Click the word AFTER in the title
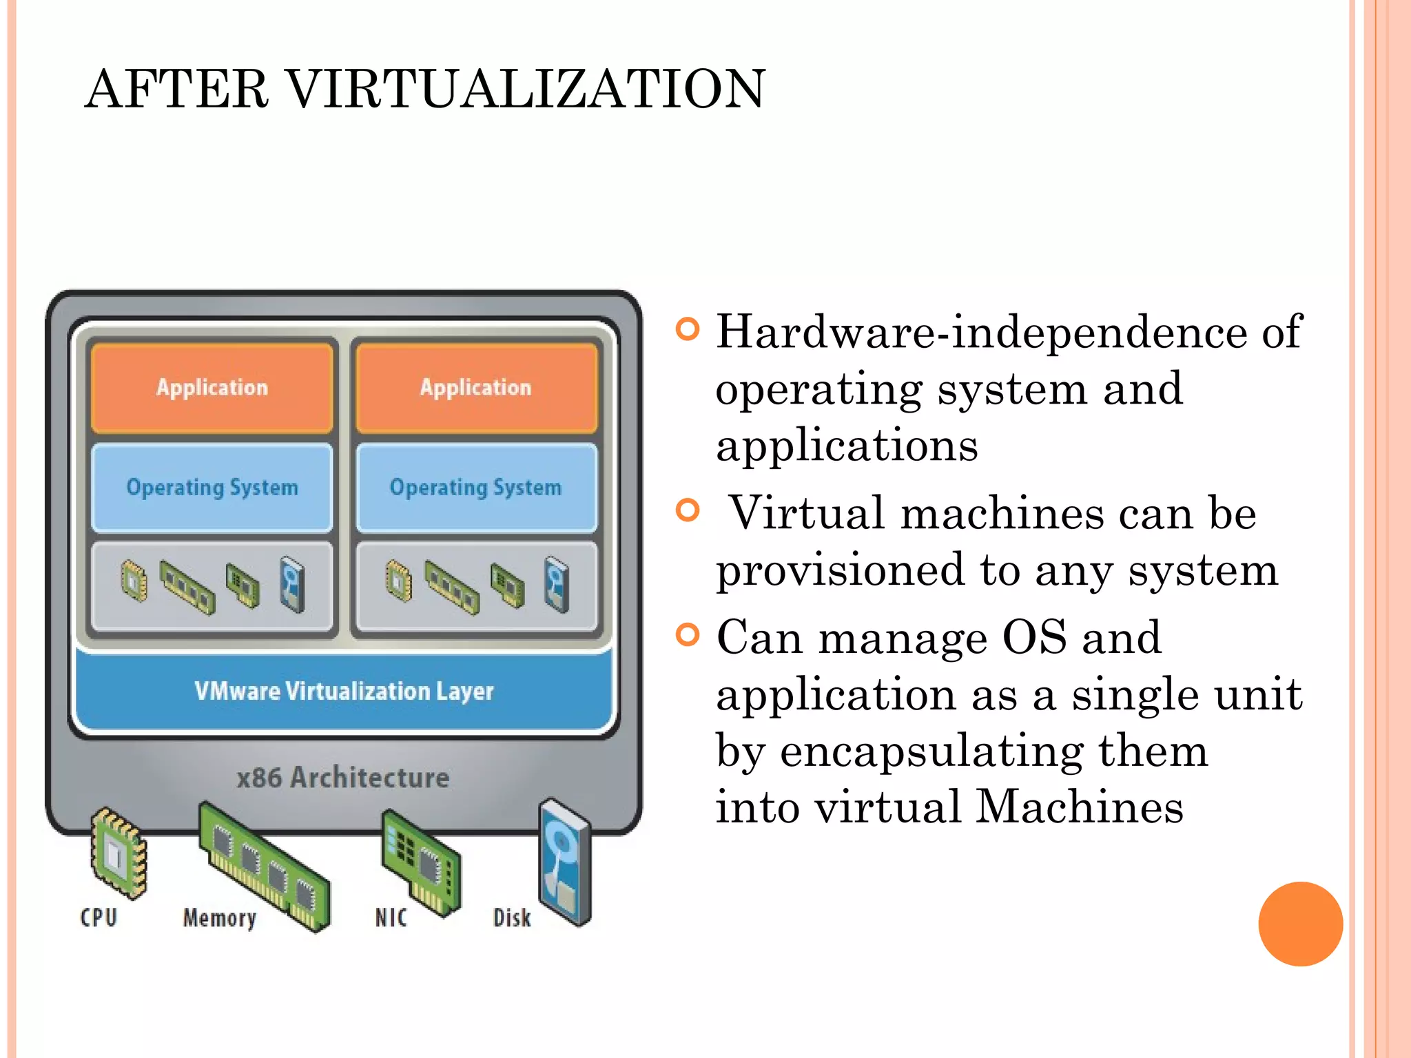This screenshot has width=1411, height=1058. coord(176,90)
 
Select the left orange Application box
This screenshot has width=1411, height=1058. coord(212,388)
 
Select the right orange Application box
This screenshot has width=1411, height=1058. coord(476,388)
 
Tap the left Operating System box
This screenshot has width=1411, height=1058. coord(212,488)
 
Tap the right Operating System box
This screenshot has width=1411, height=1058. coord(476,488)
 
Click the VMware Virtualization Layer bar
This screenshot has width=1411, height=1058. coord(344,691)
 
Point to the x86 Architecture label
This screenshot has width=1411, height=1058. coord(343,778)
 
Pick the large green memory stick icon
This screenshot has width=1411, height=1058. coord(264,866)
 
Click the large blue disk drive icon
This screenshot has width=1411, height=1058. coord(565,861)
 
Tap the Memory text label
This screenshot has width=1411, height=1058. coord(220,918)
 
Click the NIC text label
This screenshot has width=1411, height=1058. coord(391,918)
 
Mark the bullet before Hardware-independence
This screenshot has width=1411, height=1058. coord(688,329)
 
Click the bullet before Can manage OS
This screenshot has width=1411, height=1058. coord(688,634)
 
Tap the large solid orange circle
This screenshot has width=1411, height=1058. coord(1300,924)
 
